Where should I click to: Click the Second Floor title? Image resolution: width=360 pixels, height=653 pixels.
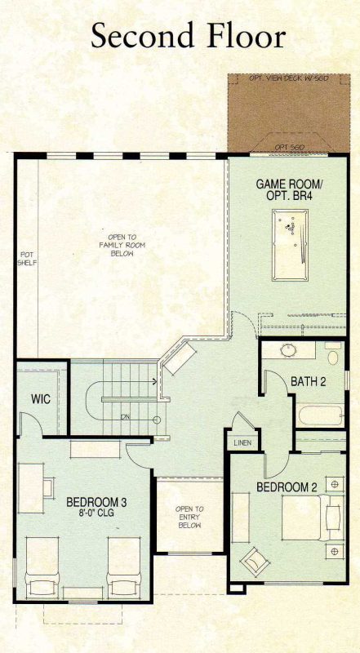tap(188, 36)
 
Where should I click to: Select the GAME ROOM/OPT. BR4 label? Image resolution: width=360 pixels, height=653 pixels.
tap(290, 191)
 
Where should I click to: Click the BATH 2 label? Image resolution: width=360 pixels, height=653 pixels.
tap(309, 381)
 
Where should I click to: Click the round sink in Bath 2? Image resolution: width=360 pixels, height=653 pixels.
tap(288, 351)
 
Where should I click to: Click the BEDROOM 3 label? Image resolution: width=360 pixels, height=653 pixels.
tap(96, 502)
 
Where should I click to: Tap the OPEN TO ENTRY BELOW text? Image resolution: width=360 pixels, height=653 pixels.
tap(189, 518)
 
